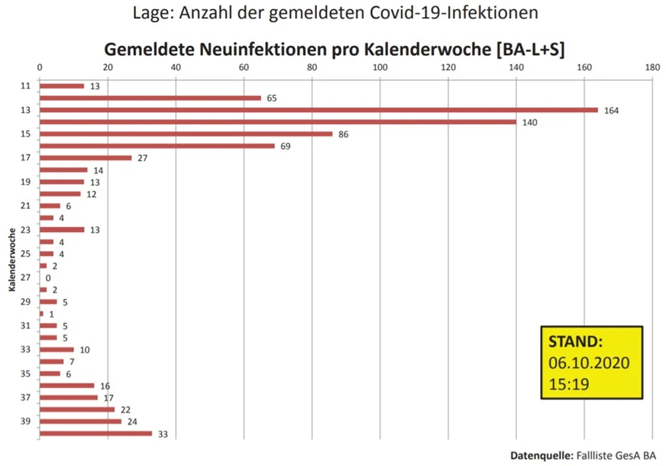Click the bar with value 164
[x=318, y=110]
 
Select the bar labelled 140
[x=278, y=122]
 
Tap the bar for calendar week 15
[x=186, y=134]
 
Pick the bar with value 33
[x=96, y=433]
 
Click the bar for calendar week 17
[x=86, y=158]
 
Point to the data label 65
[x=272, y=99]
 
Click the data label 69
[x=285, y=146]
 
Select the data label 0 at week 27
[x=48, y=278]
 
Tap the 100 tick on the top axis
[x=380, y=67]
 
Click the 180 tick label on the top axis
[x=652, y=67]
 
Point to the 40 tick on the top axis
[x=176, y=67]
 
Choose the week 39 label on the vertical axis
[x=25, y=421]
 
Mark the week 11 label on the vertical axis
[x=25, y=86]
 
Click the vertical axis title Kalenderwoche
[x=12, y=260]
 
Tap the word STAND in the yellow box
[x=575, y=342]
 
